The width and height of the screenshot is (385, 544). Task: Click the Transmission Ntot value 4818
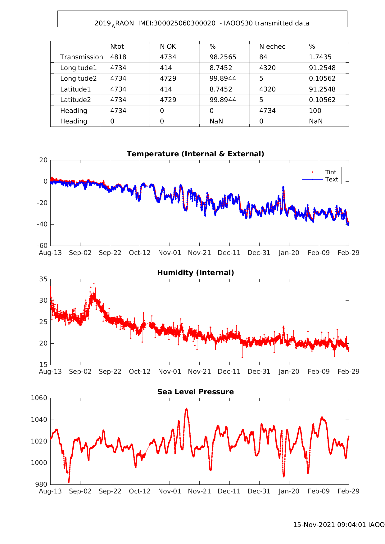pyautogui.click(x=118, y=57)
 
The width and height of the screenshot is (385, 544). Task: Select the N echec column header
pyautogui.click(x=272, y=47)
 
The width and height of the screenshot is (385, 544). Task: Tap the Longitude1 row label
pyautogui.click(x=79, y=68)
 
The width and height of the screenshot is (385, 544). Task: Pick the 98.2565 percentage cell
pyautogui.click(x=223, y=57)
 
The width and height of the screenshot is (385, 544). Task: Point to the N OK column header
pyautogui.click(x=168, y=47)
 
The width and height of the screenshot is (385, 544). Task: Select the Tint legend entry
pyautogui.click(x=331, y=172)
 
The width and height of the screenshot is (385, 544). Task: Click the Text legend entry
pyautogui.click(x=332, y=179)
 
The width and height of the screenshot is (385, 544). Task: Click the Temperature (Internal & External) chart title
pyautogui.click(x=195, y=154)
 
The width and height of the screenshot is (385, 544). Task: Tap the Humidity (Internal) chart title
pyautogui.click(x=195, y=273)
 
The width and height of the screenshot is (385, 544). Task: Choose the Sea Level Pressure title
pyautogui.click(x=195, y=392)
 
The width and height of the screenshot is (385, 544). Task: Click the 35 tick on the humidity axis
pyautogui.click(x=43, y=279)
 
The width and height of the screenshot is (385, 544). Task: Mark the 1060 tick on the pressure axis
pyautogui.click(x=39, y=398)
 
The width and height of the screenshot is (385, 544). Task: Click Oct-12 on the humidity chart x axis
pyautogui.click(x=140, y=372)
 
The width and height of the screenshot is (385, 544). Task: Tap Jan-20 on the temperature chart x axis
pyautogui.click(x=289, y=253)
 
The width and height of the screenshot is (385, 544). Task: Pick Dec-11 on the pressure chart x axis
pyautogui.click(x=229, y=491)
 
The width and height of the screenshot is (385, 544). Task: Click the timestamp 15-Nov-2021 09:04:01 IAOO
pyautogui.click(x=339, y=525)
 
